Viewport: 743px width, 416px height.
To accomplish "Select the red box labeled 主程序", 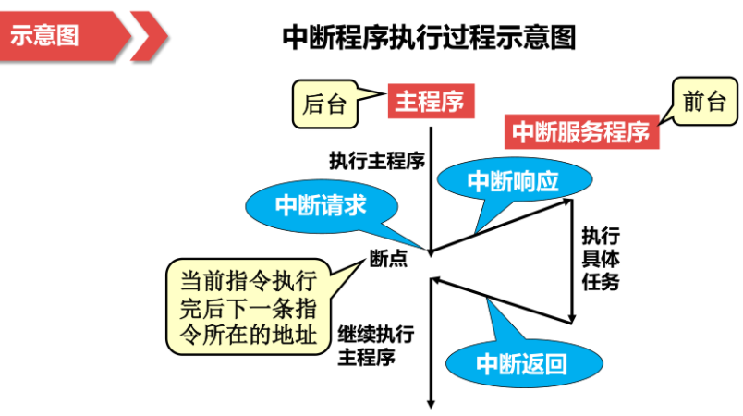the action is pyautogui.click(x=430, y=101).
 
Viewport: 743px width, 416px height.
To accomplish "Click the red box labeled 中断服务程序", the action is pyautogui.click(x=581, y=132).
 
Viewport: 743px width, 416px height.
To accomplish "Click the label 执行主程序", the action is pyautogui.click(x=376, y=160).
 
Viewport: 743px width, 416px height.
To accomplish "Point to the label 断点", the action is pyautogui.click(x=388, y=260).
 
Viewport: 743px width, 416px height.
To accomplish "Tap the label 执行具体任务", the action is pyautogui.click(x=600, y=259).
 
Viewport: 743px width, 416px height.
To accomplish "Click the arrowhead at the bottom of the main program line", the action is pyautogui.click(x=431, y=400).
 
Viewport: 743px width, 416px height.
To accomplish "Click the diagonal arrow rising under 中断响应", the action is pyautogui.click(x=499, y=225).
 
